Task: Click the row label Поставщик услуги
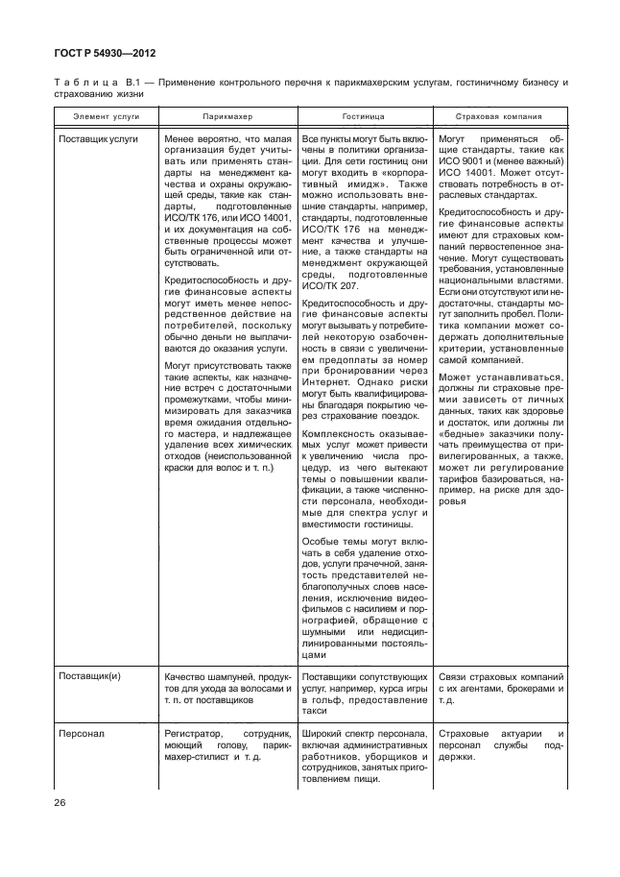(x=99, y=138)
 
